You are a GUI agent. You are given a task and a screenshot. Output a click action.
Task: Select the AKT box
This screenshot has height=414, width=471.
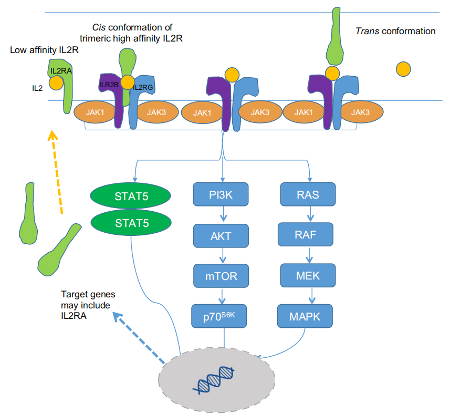click(220, 236)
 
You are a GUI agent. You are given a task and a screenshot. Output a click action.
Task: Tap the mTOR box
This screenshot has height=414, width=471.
click(220, 276)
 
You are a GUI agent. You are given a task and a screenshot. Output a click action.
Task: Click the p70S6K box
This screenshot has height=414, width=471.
click(220, 316)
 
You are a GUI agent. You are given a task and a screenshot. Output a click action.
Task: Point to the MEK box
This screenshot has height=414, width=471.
click(307, 276)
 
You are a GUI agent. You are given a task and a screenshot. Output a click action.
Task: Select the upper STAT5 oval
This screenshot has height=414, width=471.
click(132, 196)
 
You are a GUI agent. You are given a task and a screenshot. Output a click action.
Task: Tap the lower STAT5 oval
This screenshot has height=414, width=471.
click(132, 223)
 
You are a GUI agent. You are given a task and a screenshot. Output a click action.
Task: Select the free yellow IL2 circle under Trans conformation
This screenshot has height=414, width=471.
click(403, 68)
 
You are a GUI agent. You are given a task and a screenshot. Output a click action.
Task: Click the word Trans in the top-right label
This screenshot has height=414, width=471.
click(367, 31)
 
